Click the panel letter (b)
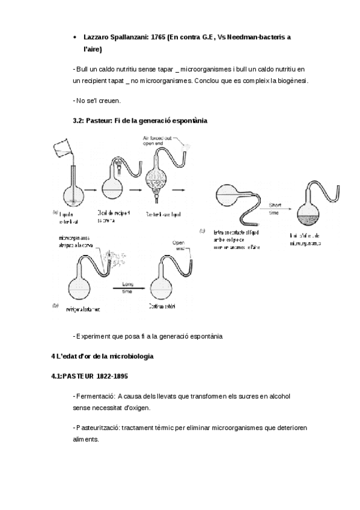click(x=55, y=305)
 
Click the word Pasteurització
click(x=98, y=428)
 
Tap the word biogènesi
click(x=290, y=80)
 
